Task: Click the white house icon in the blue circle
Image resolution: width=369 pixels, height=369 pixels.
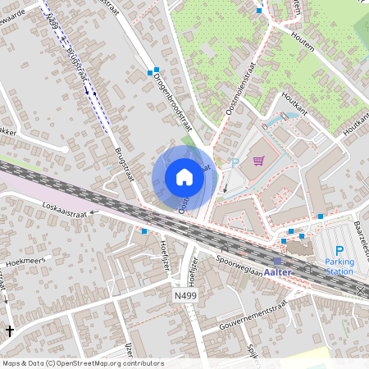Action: point(184,176)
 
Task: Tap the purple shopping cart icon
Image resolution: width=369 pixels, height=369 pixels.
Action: point(259,161)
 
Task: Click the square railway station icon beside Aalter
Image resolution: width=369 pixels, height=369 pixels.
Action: point(277,261)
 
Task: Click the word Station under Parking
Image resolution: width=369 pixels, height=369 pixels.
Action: point(339,271)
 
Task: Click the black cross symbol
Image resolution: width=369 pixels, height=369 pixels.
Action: point(10,330)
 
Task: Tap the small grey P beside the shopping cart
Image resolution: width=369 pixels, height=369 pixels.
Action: point(235,162)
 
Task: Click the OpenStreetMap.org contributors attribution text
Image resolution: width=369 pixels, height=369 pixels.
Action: point(111,362)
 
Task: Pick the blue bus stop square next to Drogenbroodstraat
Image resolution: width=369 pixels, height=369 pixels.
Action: point(150,72)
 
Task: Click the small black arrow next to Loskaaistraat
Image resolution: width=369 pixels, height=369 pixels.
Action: point(93,212)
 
